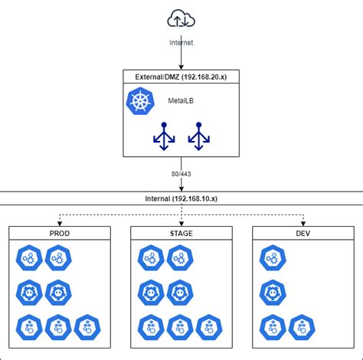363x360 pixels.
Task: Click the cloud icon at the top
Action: [x=181, y=18]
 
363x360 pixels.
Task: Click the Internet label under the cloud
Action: [x=181, y=43]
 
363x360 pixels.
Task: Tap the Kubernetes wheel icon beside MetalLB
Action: [x=142, y=102]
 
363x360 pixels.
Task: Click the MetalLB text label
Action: [x=181, y=101]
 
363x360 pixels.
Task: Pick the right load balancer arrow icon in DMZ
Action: [x=199, y=136]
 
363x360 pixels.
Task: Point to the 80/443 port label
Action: [x=181, y=174]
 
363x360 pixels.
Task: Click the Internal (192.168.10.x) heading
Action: [x=181, y=198]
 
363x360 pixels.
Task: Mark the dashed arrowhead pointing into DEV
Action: [x=302, y=222]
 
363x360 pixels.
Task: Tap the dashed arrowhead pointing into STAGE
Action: [x=181, y=222]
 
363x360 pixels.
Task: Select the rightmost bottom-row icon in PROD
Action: [x=87, y=327]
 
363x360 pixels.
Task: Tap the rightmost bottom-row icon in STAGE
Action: [x=210, y=327]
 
